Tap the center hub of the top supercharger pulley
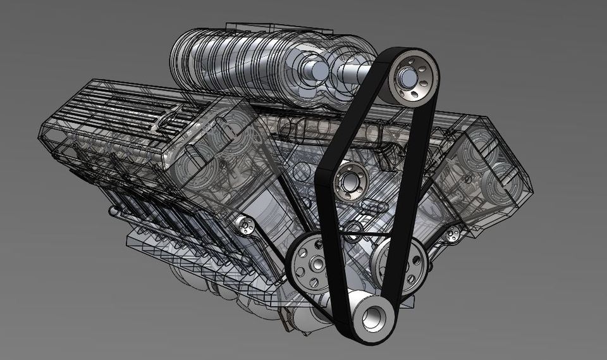point(407,78)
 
